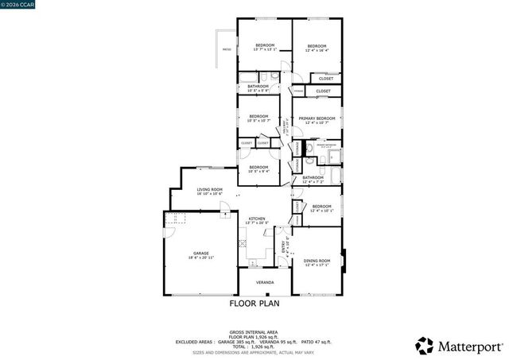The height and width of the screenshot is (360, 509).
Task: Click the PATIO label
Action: [226, 49]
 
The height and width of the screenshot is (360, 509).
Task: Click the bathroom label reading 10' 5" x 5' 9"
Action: [258, 89]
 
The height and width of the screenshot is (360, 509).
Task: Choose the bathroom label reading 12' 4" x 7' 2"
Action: [313, 180]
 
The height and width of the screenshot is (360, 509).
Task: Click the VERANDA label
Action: [264, 282]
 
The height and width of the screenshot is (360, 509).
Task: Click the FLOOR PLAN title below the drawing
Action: [254, 304]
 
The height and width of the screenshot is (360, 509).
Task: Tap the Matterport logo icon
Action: [425, 346]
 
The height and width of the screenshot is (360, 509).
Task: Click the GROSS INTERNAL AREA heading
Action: [254, 331]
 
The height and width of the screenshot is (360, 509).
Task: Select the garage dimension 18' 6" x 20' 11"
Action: [200, 258]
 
